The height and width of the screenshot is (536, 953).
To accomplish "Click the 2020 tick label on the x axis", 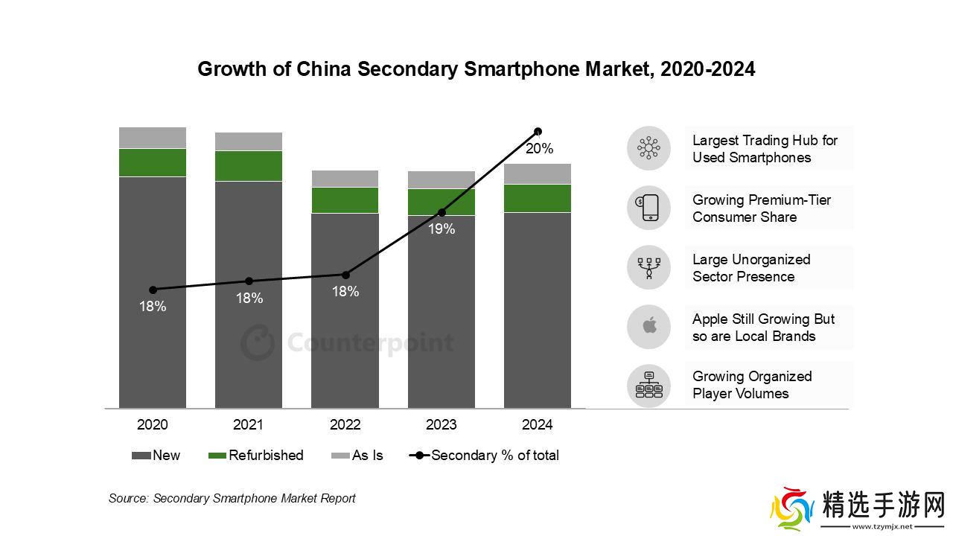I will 153,425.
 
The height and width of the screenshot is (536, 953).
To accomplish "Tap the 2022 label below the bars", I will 345,425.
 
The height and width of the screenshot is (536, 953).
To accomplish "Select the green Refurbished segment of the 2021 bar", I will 249,166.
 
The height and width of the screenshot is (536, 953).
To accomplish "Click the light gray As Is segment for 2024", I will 538,173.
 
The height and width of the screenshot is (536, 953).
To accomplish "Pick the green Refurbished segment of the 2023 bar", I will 442,202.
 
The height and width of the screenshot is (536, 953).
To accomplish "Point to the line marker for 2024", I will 538,132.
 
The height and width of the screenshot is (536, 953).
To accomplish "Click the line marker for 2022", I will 345,275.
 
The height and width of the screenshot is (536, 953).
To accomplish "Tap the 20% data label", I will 539,149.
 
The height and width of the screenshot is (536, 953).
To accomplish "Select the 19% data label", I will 442,229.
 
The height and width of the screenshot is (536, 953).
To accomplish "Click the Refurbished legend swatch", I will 217,456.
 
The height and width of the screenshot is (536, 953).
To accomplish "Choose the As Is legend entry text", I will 367,456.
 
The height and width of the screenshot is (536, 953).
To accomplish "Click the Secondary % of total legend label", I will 495,456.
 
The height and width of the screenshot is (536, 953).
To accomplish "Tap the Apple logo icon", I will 648,326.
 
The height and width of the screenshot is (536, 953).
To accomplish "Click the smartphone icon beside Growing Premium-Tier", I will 648,208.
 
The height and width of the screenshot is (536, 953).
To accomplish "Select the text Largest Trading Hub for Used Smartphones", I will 765,149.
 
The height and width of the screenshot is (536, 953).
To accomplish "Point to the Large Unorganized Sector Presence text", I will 750,268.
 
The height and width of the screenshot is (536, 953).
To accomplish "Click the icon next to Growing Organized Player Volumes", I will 648,385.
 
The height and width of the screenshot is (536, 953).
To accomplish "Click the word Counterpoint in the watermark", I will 370,343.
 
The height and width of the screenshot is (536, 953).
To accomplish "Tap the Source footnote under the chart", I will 232,498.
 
